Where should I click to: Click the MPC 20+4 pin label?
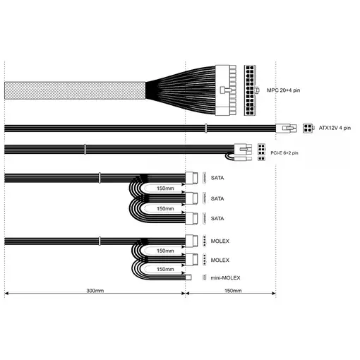[283, 90]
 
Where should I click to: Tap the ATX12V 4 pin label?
[335, 128]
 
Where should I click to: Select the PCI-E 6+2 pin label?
[284, 153]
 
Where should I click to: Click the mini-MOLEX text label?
[225, 278]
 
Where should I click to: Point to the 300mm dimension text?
[95, 291]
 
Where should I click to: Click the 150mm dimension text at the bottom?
[233, 291]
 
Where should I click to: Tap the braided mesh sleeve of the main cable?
[75, 90]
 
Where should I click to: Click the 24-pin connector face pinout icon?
[250, 90]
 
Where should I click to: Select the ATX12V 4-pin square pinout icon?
[308, 128]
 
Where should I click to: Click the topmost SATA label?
[217, 178]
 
